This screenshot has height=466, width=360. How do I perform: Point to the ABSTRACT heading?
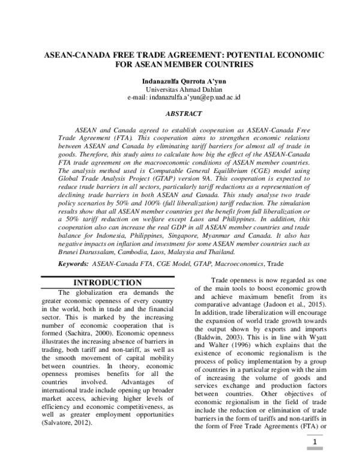pyautogui.click(x=180, y=113)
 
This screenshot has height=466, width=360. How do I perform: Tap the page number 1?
pyautogui.click(x=313, y=445)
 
